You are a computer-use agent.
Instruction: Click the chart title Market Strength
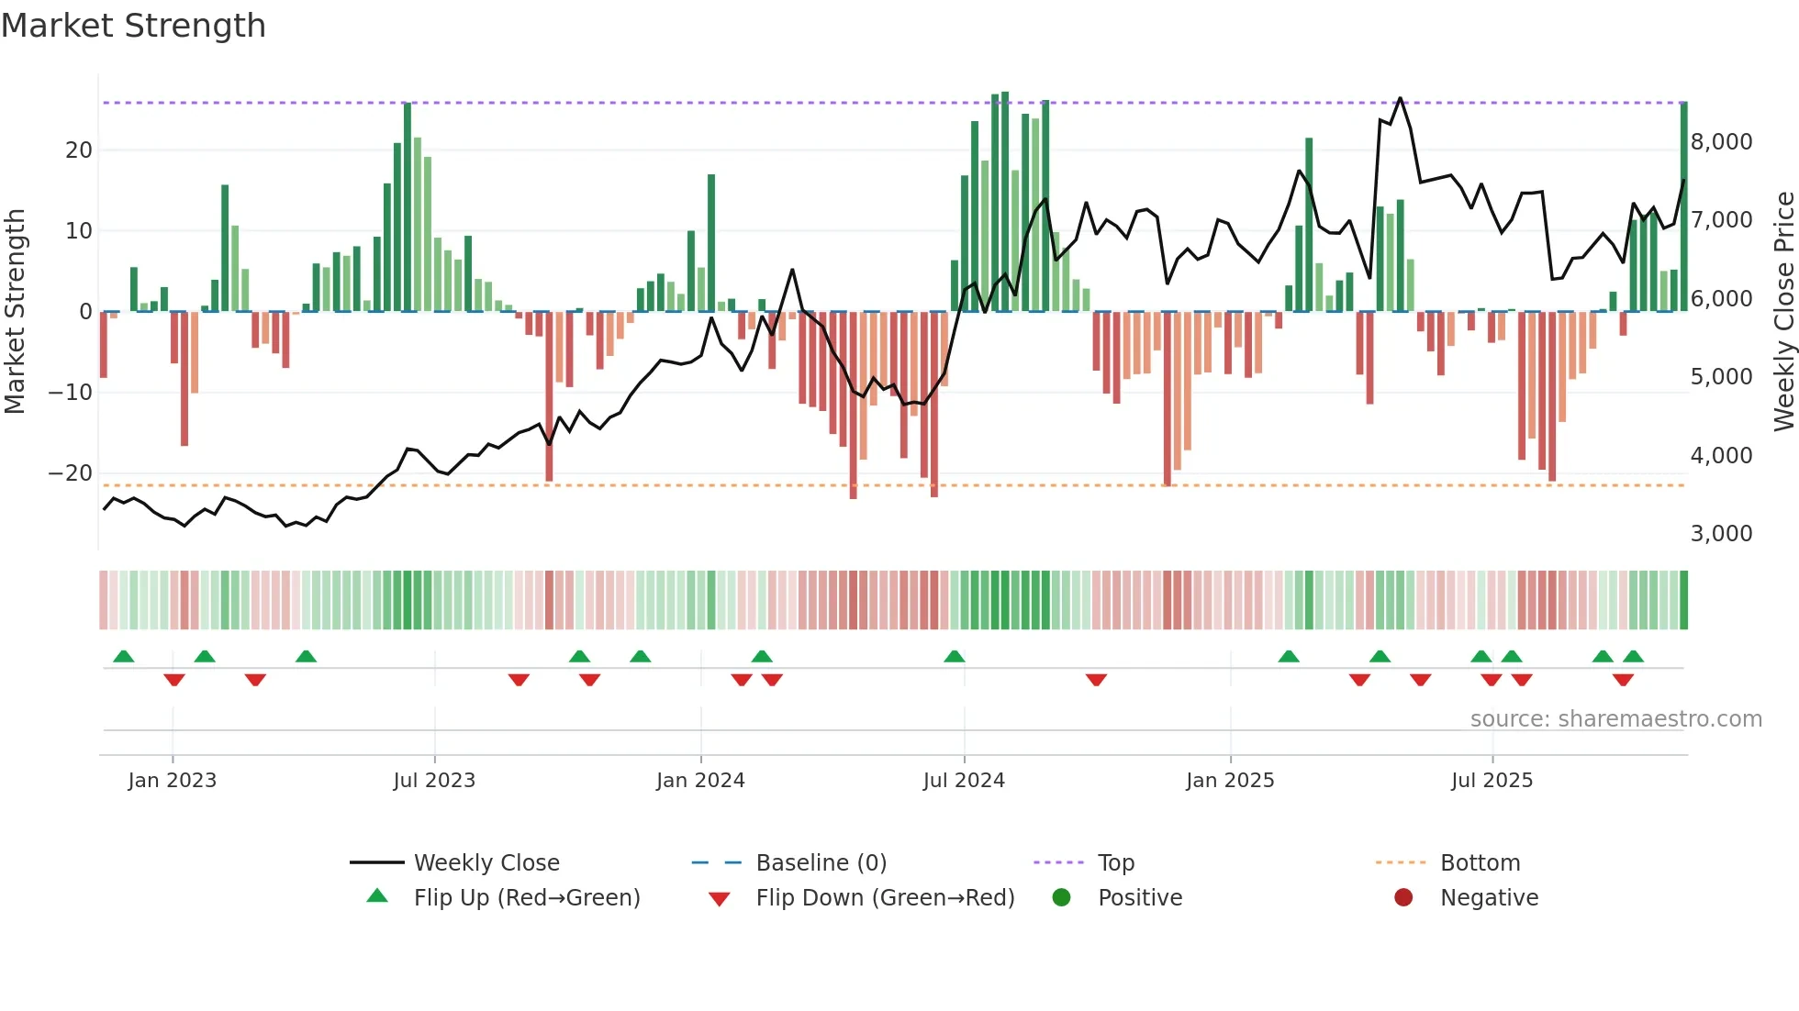coord(133,26)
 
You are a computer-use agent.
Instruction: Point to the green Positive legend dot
coord(1062,897)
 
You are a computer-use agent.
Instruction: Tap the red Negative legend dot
coord(1403,897)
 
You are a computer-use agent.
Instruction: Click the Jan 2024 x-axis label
coord(700,780)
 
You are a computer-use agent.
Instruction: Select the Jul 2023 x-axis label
coord(434,780)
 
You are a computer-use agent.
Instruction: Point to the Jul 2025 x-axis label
coord(1492,780)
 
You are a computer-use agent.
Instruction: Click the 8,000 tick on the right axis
coord(1721,141)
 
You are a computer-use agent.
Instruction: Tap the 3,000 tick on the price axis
coord(1721,533)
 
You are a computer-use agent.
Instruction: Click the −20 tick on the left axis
coord(71,472)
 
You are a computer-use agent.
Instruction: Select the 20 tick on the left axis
coord(79,150)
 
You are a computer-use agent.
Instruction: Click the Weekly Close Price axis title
coord(1783,312)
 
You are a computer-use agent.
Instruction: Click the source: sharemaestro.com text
coord(1615,718)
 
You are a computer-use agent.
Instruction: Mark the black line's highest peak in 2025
coord(1400,98)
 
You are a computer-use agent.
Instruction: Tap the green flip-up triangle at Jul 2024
coord(955,656)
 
